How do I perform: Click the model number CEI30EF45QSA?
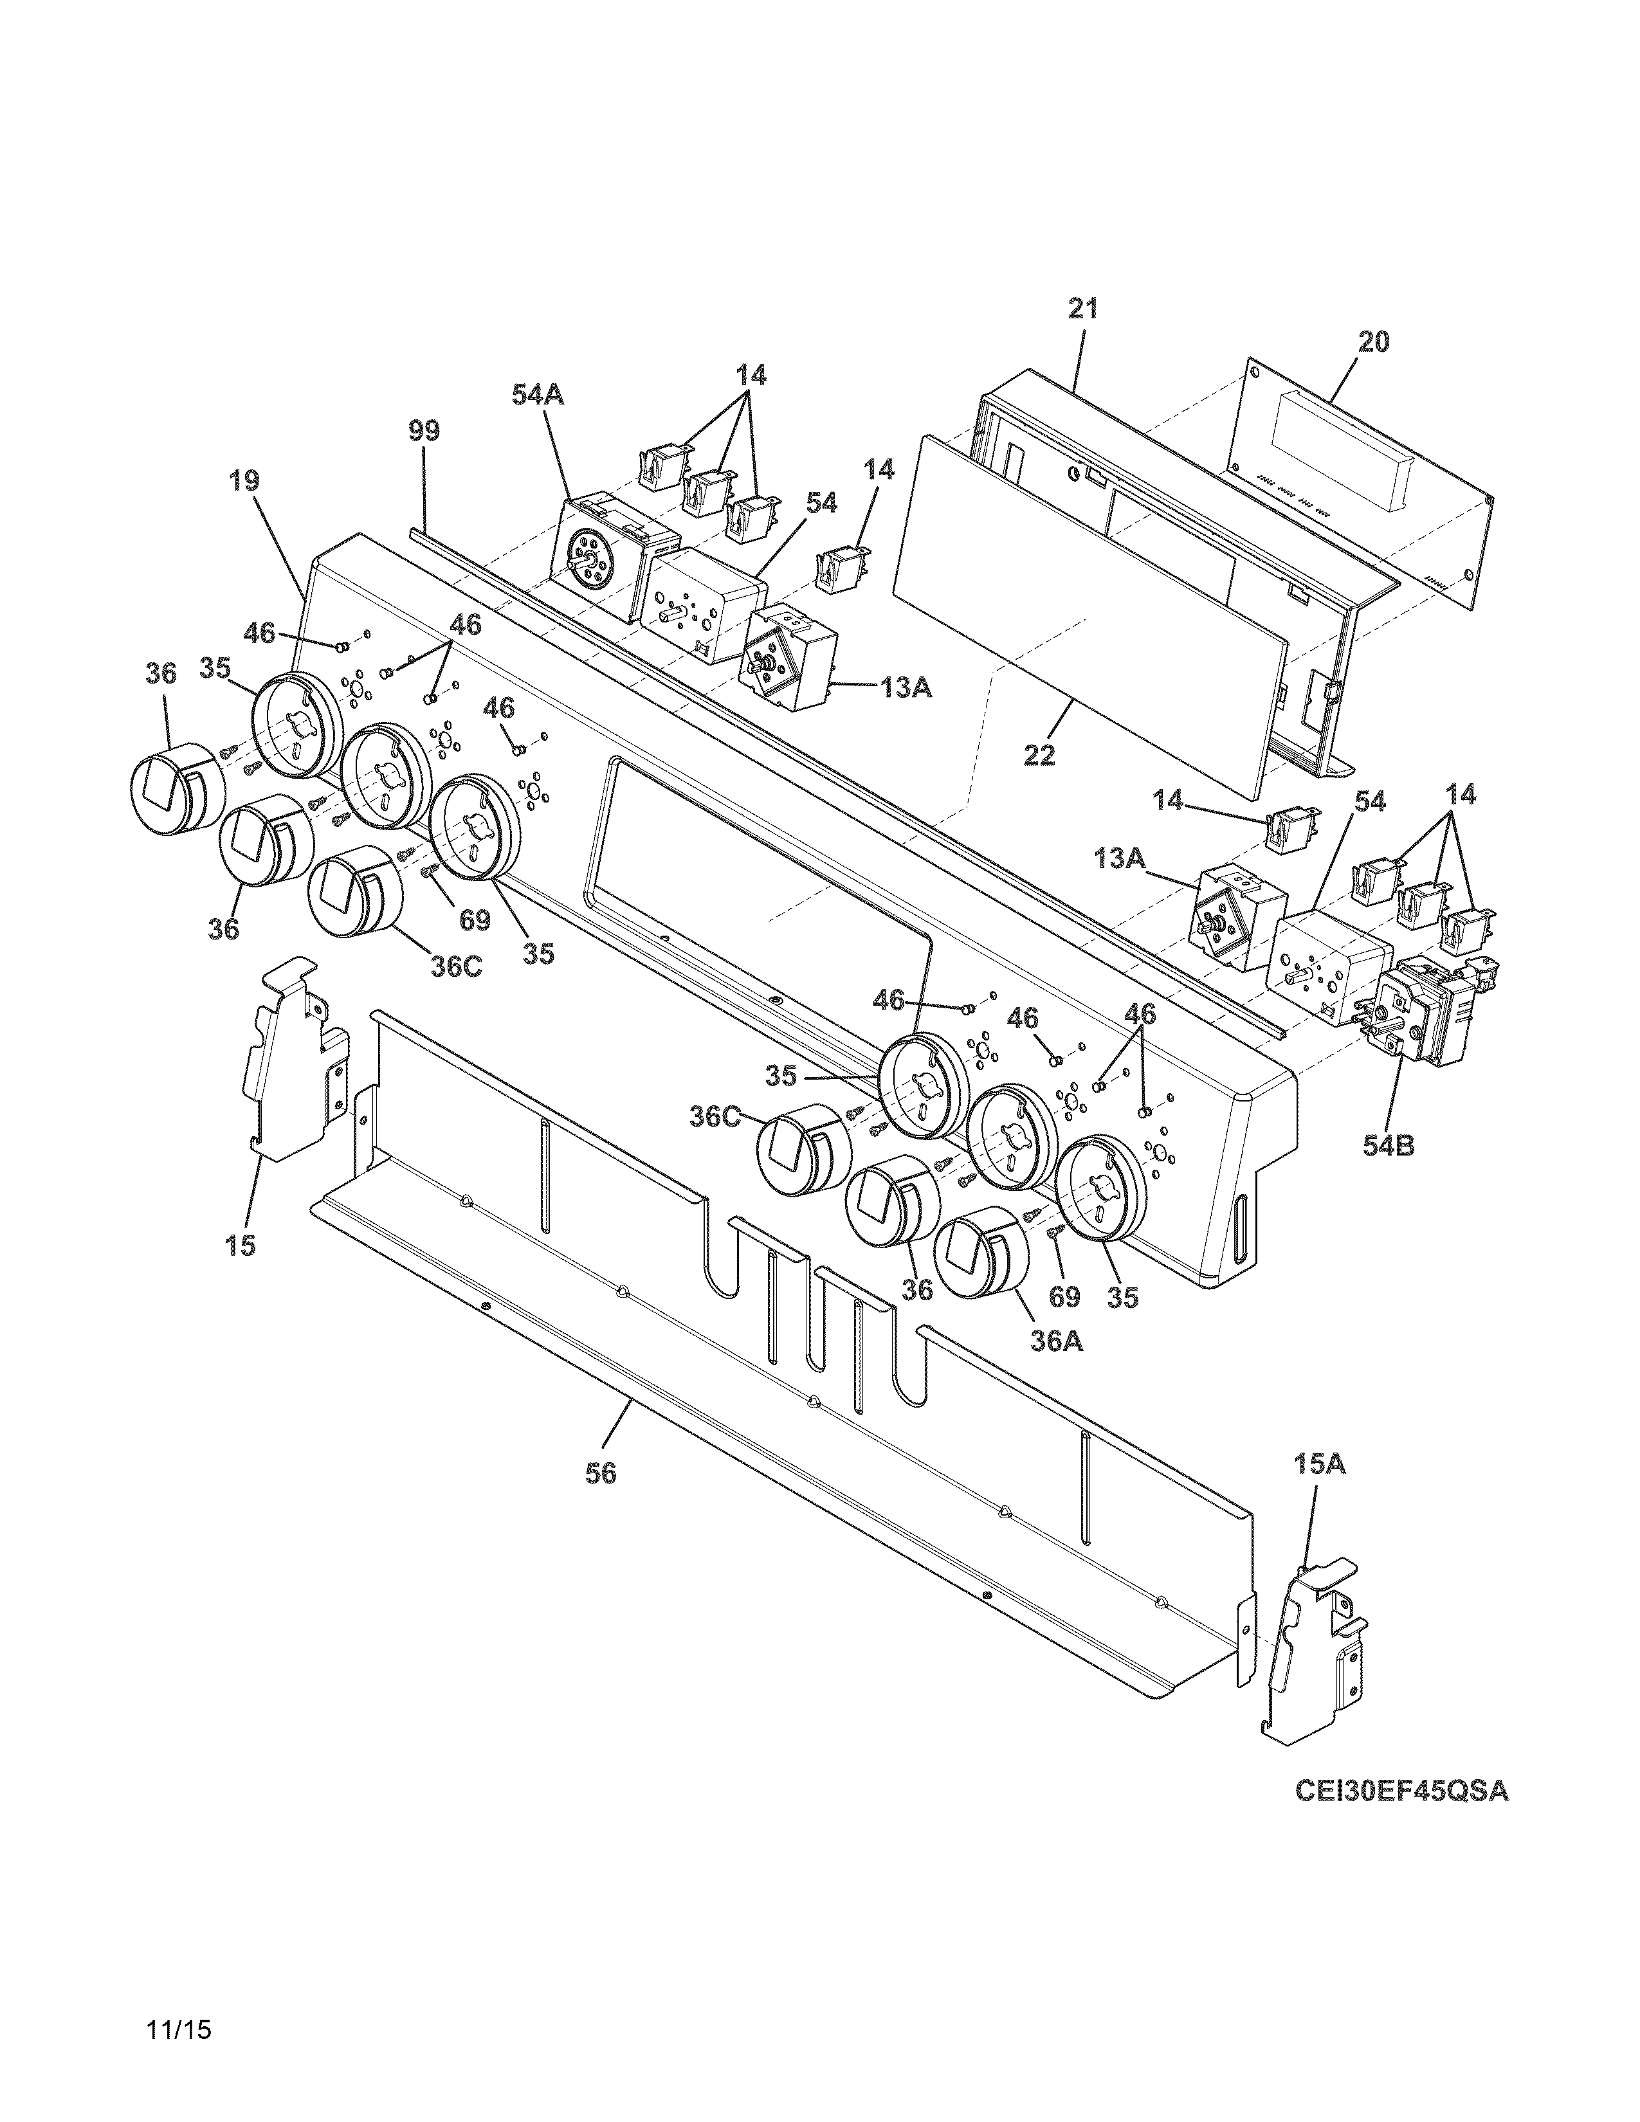[x=1401, y=1791]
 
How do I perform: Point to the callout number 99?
[x=424, y=430]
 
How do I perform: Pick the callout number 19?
[x=245, y=481]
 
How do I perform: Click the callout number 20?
[x=1374, y=342]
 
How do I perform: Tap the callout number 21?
[x=1082, y=309]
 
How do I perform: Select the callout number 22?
[x=1039, y=755]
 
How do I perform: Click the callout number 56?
[x=601, y=1474]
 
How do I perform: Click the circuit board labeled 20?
[x=1360, y=485]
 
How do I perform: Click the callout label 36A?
[x=1056, y=1342]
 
